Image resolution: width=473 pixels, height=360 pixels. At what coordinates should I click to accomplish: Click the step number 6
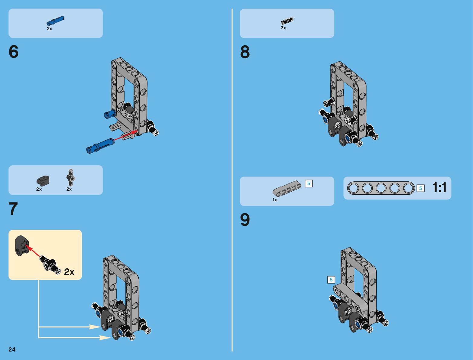click(14, 52)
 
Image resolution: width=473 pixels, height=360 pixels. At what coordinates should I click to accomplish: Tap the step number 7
click(13, 209)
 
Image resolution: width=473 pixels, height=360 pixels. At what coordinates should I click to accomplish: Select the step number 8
click(245, 52)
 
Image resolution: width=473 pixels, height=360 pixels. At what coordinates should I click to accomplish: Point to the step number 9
click(245, 220)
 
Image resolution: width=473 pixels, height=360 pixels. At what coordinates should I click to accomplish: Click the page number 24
click(12, 349)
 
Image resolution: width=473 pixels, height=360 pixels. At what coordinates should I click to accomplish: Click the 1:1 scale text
click(439, 188)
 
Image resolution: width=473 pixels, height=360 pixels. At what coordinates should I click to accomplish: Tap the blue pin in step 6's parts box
click(56, 21)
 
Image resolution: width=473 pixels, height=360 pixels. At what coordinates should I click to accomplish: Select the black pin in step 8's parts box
click(287, 21)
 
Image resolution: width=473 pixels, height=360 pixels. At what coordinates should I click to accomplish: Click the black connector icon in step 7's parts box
click(43, 180)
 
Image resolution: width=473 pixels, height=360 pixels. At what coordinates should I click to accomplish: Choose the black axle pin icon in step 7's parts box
click(71, 177)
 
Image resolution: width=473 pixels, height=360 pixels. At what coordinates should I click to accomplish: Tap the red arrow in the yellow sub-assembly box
click(33, 252)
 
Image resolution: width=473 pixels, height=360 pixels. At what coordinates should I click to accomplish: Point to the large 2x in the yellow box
click(69, 272)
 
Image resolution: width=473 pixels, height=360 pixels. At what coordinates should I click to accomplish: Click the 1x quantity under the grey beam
click(275, 200)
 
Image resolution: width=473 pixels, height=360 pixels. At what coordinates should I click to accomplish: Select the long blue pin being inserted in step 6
click(100, 145)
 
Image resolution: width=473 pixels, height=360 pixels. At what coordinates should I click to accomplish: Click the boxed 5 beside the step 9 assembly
click(331, 280)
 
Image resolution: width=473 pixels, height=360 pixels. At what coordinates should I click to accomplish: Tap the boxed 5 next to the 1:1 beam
click(420, 188)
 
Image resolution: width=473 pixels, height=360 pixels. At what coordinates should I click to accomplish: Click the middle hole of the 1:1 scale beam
click(381, 188)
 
